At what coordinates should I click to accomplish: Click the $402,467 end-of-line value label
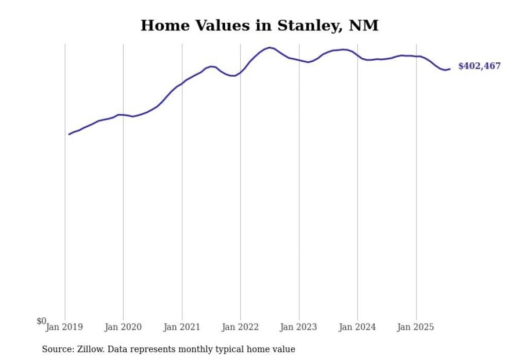point(479,66)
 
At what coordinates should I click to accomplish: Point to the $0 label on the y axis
point(41,321)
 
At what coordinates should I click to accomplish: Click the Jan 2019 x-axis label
point(64,327)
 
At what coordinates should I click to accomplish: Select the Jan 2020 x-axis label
point(123,327)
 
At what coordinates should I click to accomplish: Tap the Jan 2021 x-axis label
point(182,327)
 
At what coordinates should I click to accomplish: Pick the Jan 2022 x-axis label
point(240,327)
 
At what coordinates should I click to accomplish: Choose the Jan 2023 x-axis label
point(299,327)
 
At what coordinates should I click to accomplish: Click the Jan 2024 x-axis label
point(358,327)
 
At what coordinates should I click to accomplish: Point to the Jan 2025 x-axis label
point(416,327)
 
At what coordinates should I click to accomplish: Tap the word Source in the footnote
point(57,349)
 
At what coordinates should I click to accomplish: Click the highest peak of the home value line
point(270,47)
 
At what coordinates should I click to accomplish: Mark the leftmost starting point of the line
point(69,134)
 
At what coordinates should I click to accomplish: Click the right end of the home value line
point(450,69)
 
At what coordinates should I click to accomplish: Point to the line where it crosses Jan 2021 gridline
point(182,83)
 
